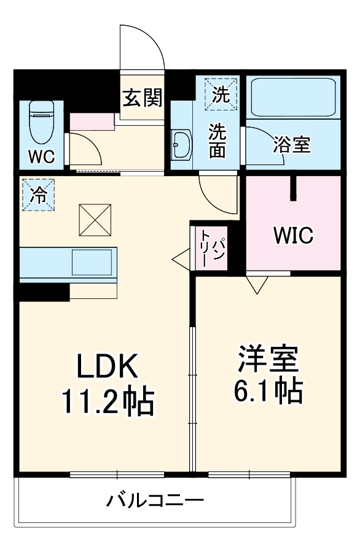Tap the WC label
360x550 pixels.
coord(41,155)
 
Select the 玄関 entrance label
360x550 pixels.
coord(142,98)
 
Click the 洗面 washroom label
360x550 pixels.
coord(216,141)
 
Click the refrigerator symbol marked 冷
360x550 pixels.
coord(38,196)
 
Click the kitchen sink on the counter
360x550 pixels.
coord(94,263)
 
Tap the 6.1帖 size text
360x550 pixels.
coord(268,391)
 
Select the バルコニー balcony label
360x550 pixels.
coord(155,501)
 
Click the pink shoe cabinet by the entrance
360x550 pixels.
coord(92,122)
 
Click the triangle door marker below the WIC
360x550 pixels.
coord(257,284)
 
